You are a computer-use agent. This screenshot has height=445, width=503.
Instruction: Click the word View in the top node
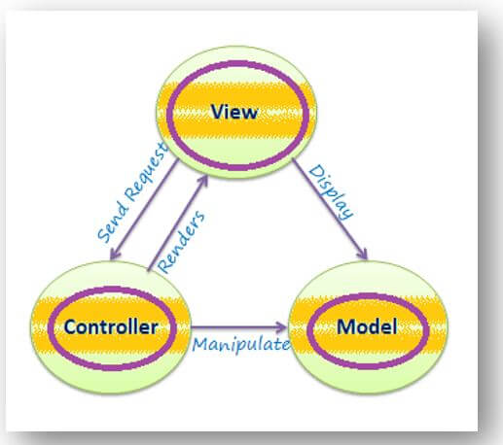[x=234, y=112]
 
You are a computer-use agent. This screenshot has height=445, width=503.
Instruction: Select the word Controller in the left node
[x=111, y=326]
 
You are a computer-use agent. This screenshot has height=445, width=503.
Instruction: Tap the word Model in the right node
[x=367, y=326]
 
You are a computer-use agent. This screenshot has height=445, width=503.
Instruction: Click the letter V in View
[x=216, y=112]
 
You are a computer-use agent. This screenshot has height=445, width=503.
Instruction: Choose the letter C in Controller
[x=71, y=326]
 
